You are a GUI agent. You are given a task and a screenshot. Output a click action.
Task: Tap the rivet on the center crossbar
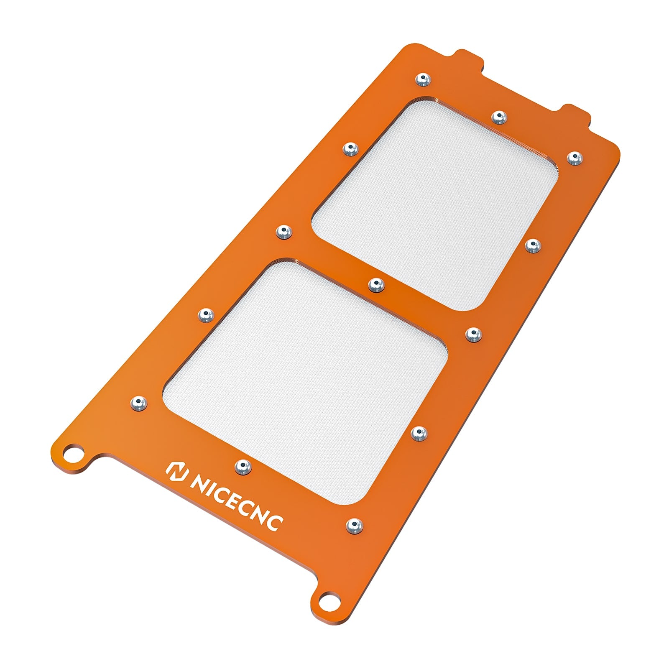coord(376,285)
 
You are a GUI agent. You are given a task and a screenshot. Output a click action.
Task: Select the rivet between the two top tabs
coord(498,116)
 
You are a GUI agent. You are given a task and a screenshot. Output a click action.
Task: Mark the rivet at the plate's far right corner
coord(575,158)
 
